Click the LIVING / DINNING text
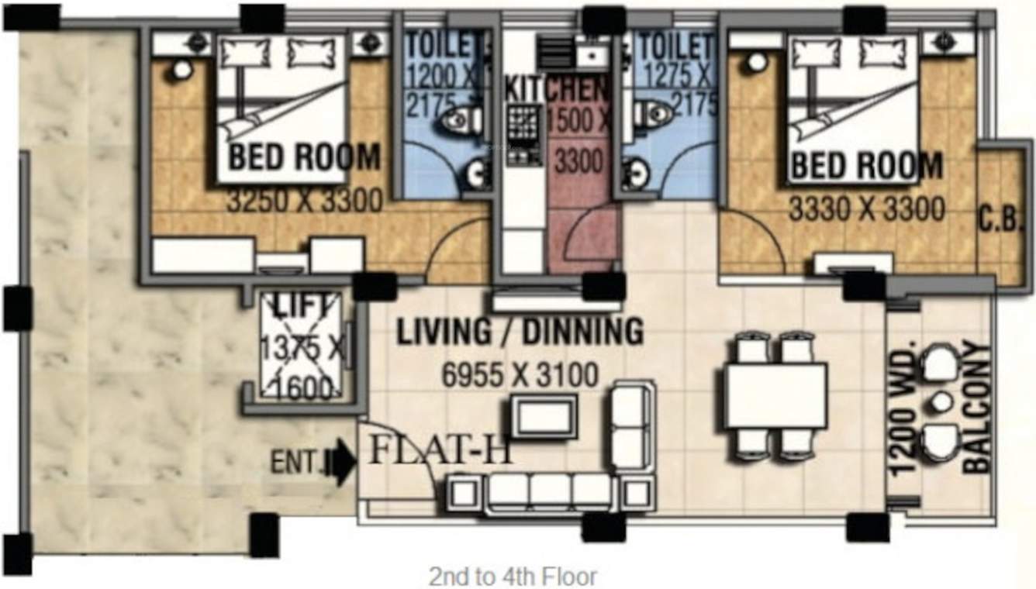[520, 332]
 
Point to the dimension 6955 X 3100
[520, 376]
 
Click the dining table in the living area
[775, 395]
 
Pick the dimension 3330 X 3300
[866, 208]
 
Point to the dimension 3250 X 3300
[304, 202]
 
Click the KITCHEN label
[555, 89]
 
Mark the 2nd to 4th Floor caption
[513, 577]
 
